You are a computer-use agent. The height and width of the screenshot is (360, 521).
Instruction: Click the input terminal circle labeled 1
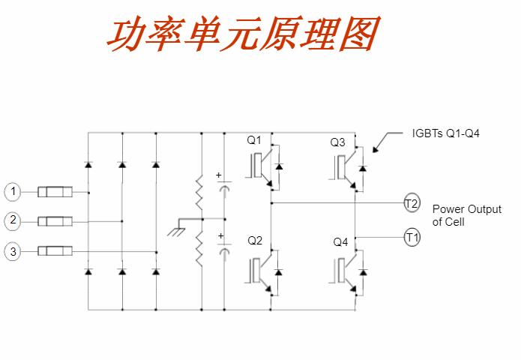click(x=13, y=193)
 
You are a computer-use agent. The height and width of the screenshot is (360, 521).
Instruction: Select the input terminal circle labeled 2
click(x=13, y=221)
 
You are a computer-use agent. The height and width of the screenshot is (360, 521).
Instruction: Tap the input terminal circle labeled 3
click(x=13, y=252)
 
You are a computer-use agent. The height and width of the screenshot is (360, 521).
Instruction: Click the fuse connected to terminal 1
click(x=55, y=193)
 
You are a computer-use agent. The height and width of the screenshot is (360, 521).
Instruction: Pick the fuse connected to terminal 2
click(x=55, y=221)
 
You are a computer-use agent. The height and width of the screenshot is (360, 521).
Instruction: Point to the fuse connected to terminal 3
click(x=55, y=252)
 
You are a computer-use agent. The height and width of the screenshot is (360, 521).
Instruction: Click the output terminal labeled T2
click(x=412, y=203)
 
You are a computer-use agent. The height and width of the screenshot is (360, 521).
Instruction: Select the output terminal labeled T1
click(x=412, y=237)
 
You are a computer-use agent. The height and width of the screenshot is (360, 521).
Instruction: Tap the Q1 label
click(x=255, y=140)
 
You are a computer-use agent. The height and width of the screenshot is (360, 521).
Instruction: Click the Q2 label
click(x=255, y=241)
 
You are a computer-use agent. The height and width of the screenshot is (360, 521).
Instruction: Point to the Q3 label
click(x=338, y=142)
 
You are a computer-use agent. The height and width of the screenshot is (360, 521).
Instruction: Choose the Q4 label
click(x=340, y=242)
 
